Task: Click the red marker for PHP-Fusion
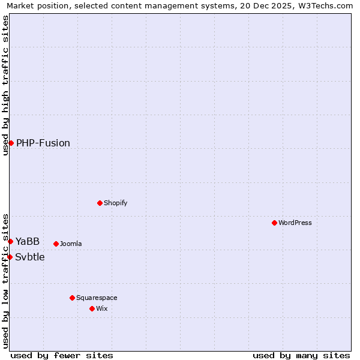pos(11,143)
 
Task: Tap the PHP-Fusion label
pos(43,143)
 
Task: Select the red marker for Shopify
pos(100,203)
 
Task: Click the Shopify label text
pos(115,203)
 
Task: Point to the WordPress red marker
pos(274,223)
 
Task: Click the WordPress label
pos(295,223)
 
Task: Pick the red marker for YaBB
pos(10,241)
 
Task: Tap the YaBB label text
pos(28,242)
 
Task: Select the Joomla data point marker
pos(56,244)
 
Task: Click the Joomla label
pos(71,244)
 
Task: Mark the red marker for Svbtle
pos(10,257)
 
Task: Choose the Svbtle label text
pos(30,257)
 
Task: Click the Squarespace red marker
pos(72,298)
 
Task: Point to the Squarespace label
pos(97,298)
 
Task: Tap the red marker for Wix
pos(92,308)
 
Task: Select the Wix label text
pos(102,308)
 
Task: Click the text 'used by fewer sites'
pos(62,355)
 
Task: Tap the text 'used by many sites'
pos(301,355)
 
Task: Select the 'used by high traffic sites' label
pos(6,85)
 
